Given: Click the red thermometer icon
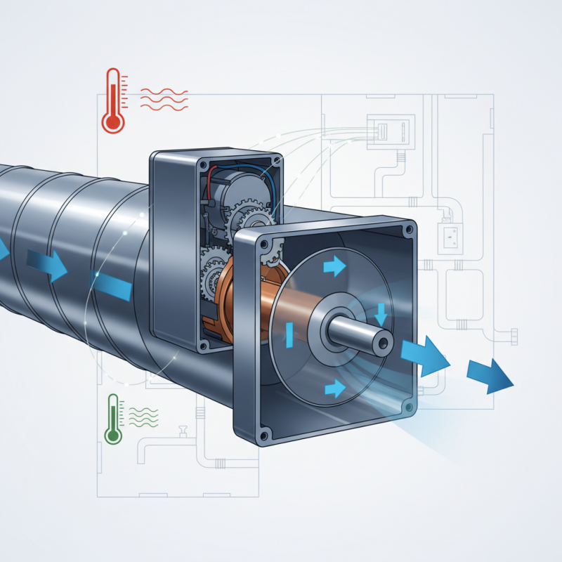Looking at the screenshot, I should pos(112,101).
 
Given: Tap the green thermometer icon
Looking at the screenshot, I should pos(112,419).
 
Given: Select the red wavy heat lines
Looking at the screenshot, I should pos(163,98).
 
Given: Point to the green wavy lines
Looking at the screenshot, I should pos(143,417).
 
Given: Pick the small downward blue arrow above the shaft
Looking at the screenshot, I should pos(380,313).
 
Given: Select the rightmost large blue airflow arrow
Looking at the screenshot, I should pos(490,373).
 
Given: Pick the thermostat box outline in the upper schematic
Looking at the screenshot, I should pos(387,132).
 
